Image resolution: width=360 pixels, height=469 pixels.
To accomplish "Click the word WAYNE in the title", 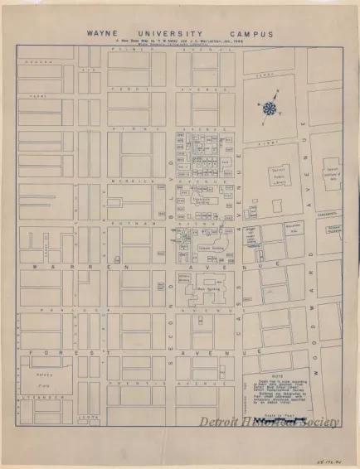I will coord(105,36).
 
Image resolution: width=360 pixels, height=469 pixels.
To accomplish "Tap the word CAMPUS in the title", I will coord(252,36).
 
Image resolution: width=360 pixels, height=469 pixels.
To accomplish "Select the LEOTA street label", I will coord(83,417).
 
